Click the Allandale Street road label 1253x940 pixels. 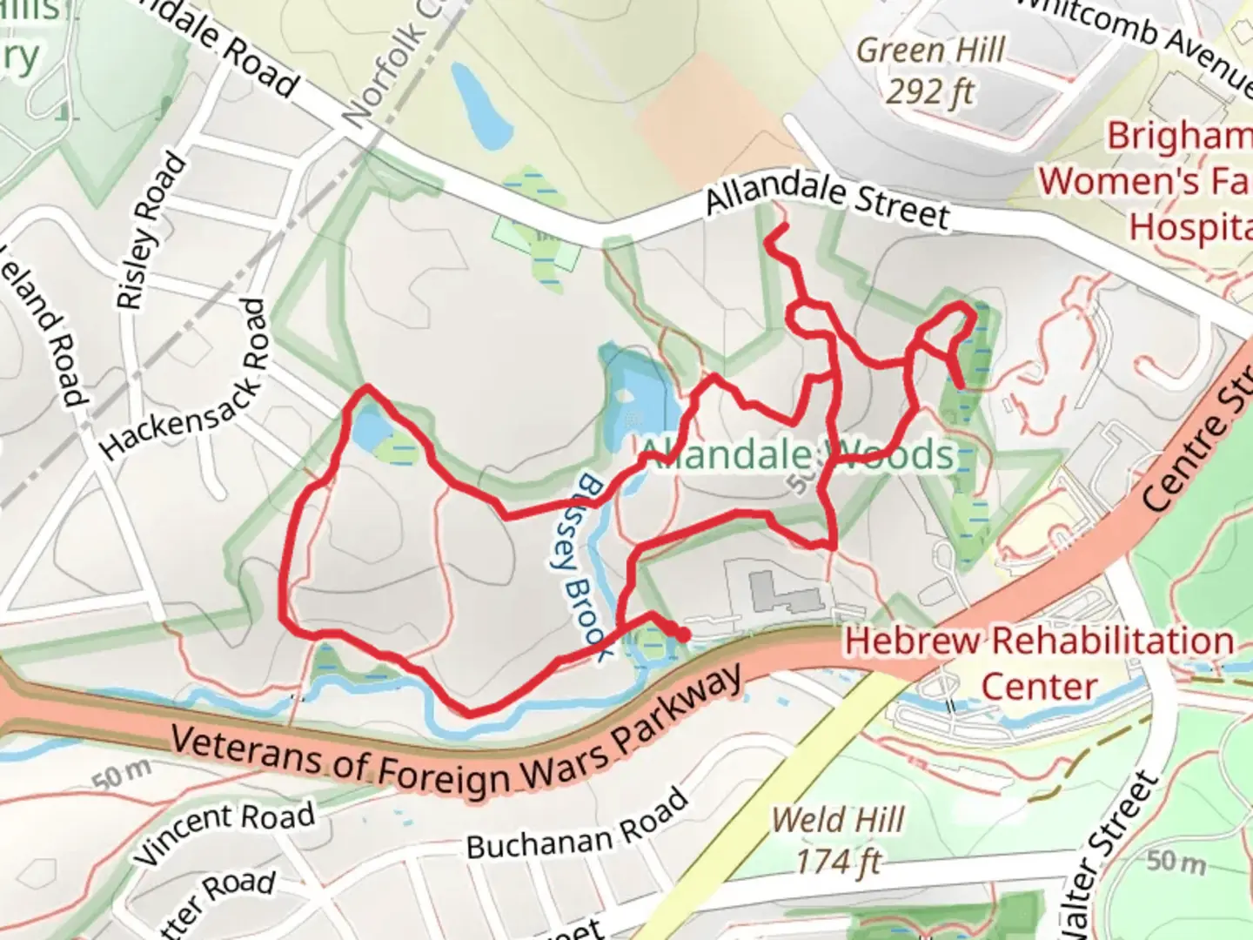click(x=827, y=201)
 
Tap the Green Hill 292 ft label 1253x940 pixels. click(x=930, y=70)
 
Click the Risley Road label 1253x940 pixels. click(x=152, y=232)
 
